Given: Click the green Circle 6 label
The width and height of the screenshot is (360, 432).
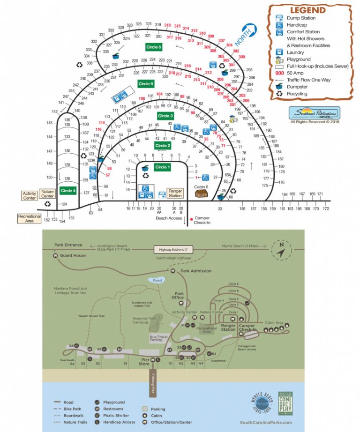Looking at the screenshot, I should (x=153, y=47).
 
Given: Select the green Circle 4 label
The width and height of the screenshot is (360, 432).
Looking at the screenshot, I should (x=67, y=191).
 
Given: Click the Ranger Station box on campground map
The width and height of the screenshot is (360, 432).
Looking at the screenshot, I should (x=175, y=193).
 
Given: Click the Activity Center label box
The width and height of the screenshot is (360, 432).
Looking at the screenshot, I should (x=29, y=195).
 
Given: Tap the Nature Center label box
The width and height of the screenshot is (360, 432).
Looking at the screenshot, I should (x=47, y=193).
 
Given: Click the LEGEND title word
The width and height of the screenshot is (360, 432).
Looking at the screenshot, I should (x=307, y=10).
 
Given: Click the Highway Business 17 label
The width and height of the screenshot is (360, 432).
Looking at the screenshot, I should (x=173, y=249).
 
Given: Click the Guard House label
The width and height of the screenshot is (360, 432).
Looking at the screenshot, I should (x=73, y=256).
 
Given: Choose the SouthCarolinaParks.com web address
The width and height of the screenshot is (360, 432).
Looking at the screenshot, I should (x=265, y=422).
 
